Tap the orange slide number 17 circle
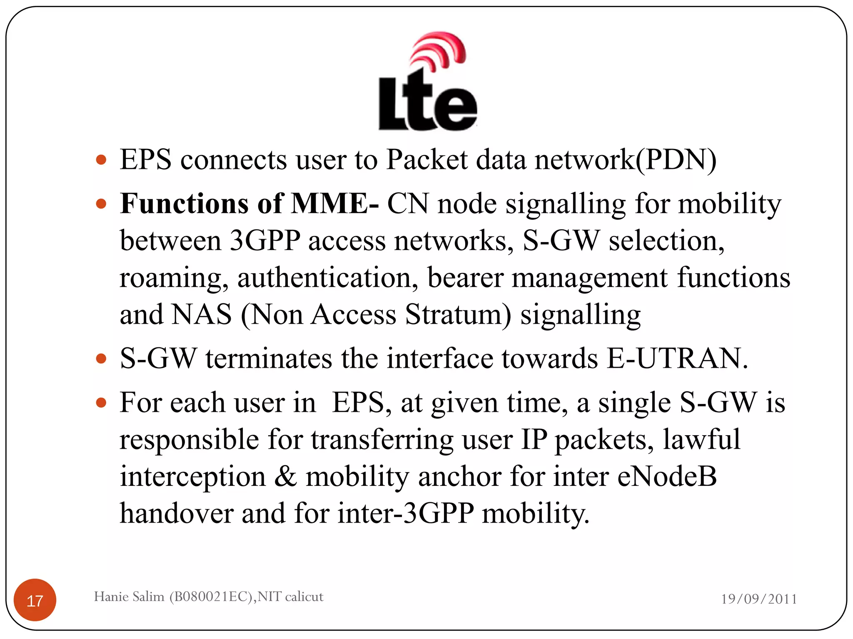[x=35, y=600]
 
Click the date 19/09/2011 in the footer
[x=759, y=599]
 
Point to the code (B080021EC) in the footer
[x=211, y=597]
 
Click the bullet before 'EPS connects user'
[x=101, y=160]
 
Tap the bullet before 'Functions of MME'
[x=101, y=204]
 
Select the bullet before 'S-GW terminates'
[x=101, y=359]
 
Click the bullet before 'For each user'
[x=101, y=403]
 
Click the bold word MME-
[x=335, y=204]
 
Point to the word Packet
[x=426, y=160]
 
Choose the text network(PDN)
[x=625, y=160]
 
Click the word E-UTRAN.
[x=677, y=359]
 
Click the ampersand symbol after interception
[x=285, y=477]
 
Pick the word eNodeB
[x=667, y=477]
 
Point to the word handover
[x=177, y=513]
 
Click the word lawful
[x=701, y=439]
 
